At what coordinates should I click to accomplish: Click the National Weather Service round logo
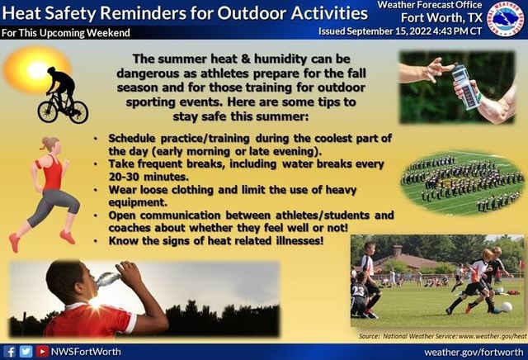coord(505,18)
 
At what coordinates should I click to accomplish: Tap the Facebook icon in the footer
coord(10,351)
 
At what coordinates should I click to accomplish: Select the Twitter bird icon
coord(26,351)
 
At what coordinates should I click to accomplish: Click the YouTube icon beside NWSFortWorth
coord(41,351)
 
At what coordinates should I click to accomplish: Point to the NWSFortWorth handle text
coord(86,351)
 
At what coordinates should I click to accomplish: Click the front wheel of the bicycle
coord(78,111)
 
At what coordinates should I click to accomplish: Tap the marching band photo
coord(461,181)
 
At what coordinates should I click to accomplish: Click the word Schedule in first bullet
coord(134,139)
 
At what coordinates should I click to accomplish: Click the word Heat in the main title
coord(22,13)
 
